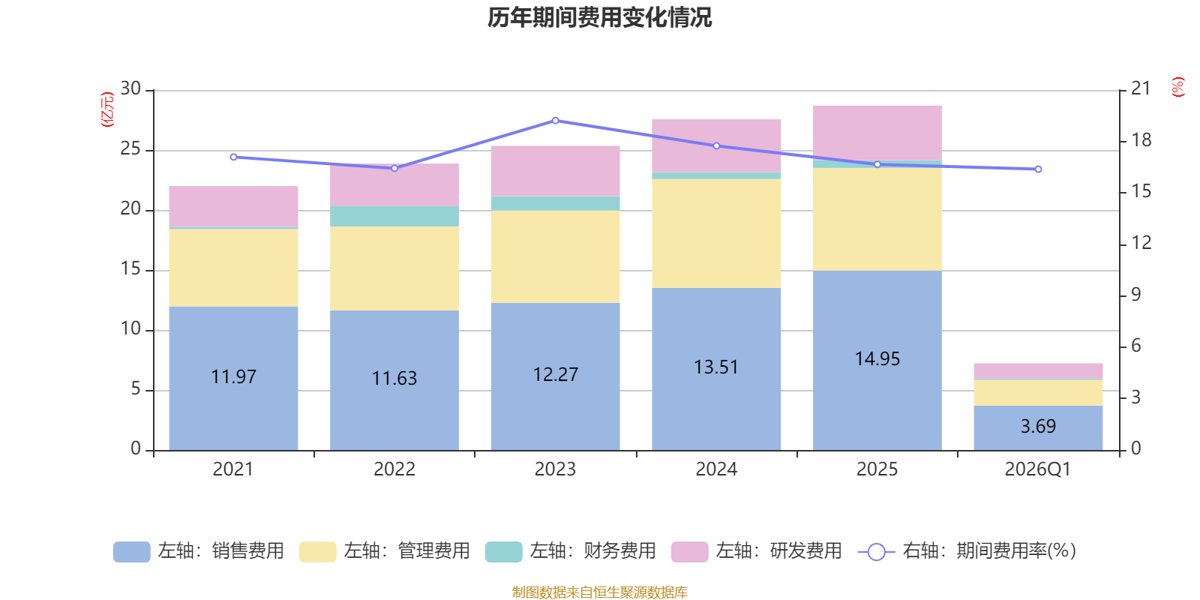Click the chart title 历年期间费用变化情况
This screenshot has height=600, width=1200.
tap(599, 18)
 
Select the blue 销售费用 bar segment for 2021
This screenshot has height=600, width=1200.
tap(233, 378)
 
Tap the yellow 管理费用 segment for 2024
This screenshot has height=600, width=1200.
tap(716, 233)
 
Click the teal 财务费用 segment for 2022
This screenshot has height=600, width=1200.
tap(394, 216)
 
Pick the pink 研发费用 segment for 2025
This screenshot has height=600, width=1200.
tap(877, 133)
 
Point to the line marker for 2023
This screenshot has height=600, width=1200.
tap(556, 121)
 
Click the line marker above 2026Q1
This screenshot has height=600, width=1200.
tap(1038, 169)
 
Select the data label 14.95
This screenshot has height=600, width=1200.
tap(877, 359)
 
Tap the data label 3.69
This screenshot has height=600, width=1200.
tap(1038, 427)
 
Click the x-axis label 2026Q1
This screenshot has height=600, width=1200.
tap(1038, 469)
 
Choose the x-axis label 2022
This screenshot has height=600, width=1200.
tap(394, 469)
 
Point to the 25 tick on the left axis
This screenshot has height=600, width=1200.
tap(130, 149)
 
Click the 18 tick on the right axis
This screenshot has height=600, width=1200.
tap(1141, 140)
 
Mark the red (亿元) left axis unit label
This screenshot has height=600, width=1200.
tap(107, 109)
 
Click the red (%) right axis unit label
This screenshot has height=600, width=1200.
tap(1177, 87)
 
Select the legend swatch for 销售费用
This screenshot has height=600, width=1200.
tap(132, 552)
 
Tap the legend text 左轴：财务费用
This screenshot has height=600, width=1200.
tap(593, 551)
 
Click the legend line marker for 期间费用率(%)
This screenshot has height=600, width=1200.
tap(877, 552)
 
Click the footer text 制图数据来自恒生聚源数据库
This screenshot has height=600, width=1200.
tap(599, 592)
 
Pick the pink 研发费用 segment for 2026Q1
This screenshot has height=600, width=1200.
tap(1038, 370)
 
